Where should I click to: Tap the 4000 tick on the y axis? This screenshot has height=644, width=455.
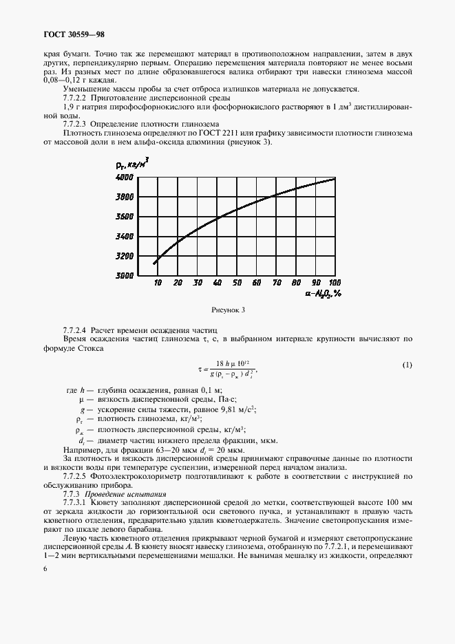[x=124, y=178]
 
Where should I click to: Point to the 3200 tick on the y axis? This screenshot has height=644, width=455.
[x=124, y=256]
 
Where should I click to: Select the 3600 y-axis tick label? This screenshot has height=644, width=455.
[x=124, y=217]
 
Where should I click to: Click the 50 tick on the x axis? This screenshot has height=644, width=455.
[x=237, y=283]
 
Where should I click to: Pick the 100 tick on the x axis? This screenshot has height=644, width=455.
[x=335, y=283]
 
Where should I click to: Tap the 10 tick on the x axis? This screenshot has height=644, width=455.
[x=158, y=283]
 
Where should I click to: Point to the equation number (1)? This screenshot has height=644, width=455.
[x=407, y=365]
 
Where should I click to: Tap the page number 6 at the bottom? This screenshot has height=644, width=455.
[x=45, y=568]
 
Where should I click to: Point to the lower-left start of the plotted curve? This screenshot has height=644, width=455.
[x=154, y=263]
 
